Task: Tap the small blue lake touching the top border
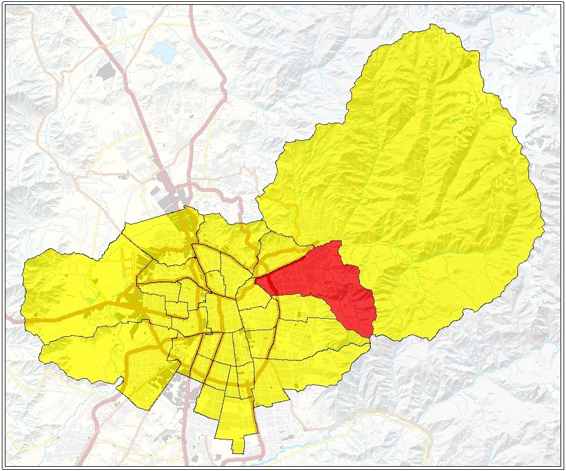click(x=119, y=12)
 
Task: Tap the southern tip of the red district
click(x=370, y=335)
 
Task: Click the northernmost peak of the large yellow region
click(x=431, y=25)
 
